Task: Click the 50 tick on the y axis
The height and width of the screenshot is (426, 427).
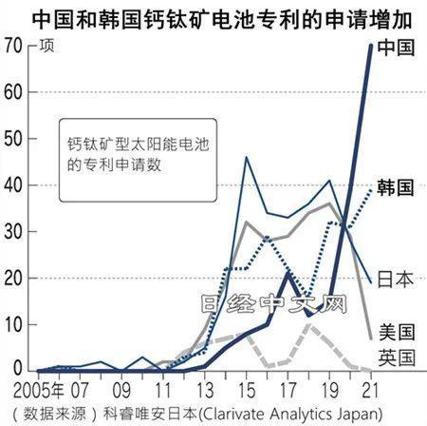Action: coord(13,139)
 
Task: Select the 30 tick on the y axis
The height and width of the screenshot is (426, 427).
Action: coord(13,231)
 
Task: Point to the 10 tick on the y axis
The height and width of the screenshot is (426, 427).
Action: coord(13,324)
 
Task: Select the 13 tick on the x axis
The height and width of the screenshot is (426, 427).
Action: coord(204,390)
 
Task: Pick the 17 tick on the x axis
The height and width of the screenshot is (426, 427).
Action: coord(288,390)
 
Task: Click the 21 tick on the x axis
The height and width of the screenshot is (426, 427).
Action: coord(369,390)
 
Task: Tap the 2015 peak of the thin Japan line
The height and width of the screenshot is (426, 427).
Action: coord(246,157)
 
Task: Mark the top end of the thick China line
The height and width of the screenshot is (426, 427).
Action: coord(369,47)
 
